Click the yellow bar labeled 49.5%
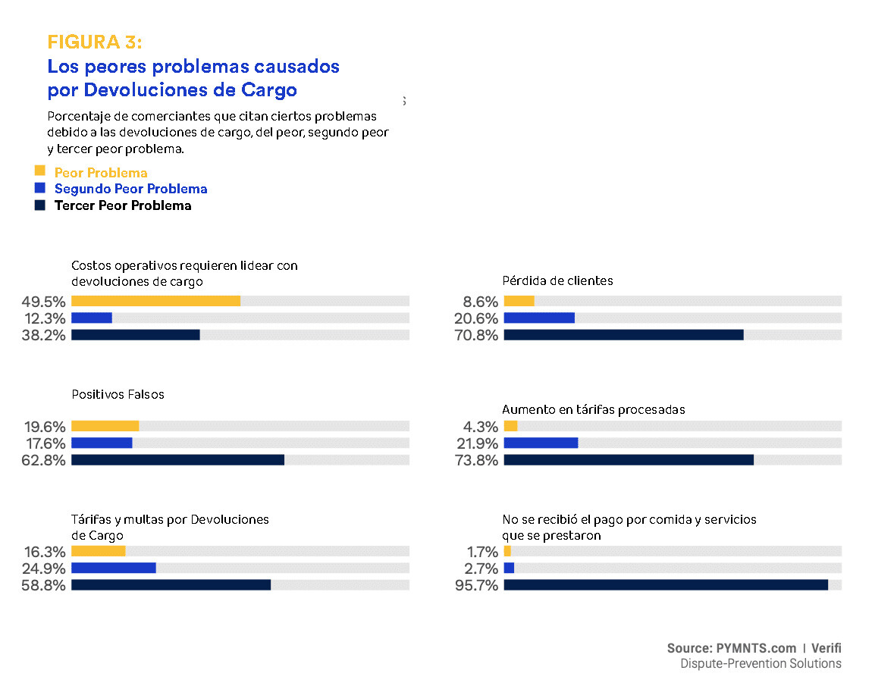coord(155,301)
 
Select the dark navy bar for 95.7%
coord(666,585)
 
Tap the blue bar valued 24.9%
coord(113,568)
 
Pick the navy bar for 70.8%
coord(623,335)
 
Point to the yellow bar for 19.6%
coord(105,426)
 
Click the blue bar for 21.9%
coord(541,443)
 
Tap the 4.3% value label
coord(482,427)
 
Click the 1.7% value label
coord(482,552)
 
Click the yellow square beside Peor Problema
coord(40,171)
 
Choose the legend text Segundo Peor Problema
coord(130,189)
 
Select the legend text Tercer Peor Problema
coord(123,205)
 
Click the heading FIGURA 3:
coord(95,42)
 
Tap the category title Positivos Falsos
coord(118,394)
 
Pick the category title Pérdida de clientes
coord(557,280)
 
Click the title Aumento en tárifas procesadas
coord(593,409)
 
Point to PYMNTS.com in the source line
coord(755,648)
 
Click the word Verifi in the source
coord(826,648)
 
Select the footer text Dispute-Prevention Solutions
coord(761,664)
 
